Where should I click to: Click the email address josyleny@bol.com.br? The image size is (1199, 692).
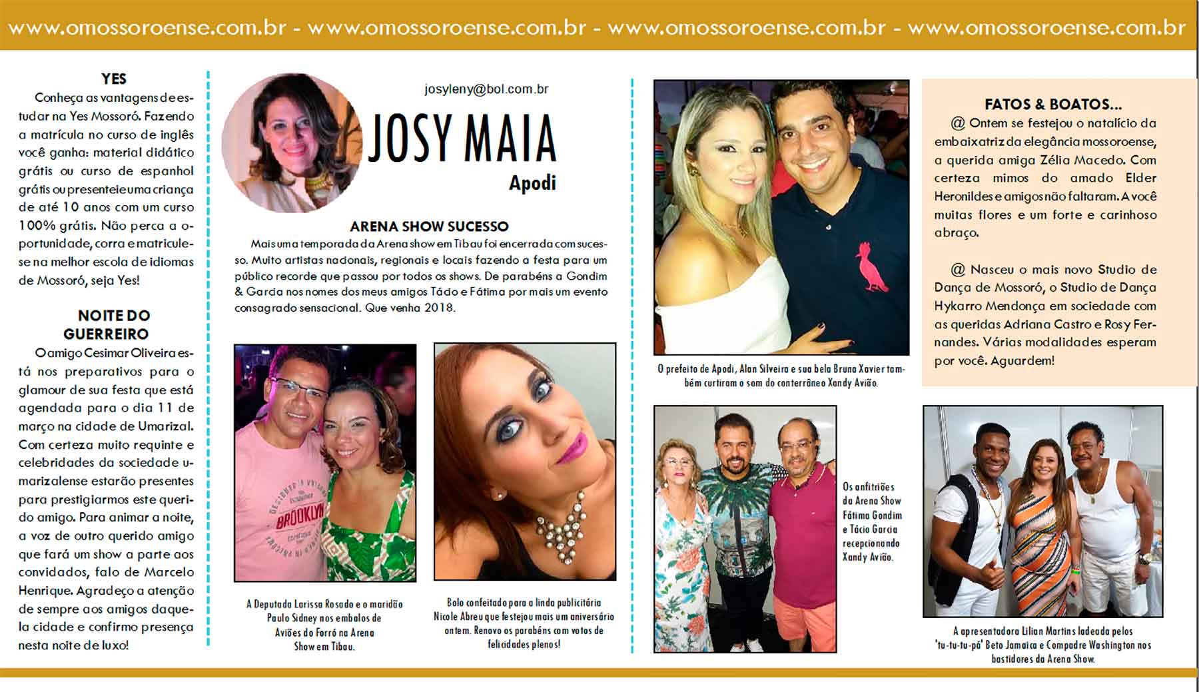coord(486,89)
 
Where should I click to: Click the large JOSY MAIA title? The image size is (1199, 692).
coord(462,139)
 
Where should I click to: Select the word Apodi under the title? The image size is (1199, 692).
coord(532,183)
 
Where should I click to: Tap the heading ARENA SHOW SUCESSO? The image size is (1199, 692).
coord(429,226)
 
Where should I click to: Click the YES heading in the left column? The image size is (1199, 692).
coord(114,79)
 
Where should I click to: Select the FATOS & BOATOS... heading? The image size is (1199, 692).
coord(1053,104)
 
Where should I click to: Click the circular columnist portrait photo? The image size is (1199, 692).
coord(291,143)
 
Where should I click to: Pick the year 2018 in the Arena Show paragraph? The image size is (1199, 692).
coord(440,308)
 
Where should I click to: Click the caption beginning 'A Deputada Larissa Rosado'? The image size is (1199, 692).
coord(324,625)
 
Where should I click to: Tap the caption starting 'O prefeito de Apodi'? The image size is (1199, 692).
coord(781,375)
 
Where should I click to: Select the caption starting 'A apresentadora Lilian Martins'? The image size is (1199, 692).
coord(1043,644)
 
